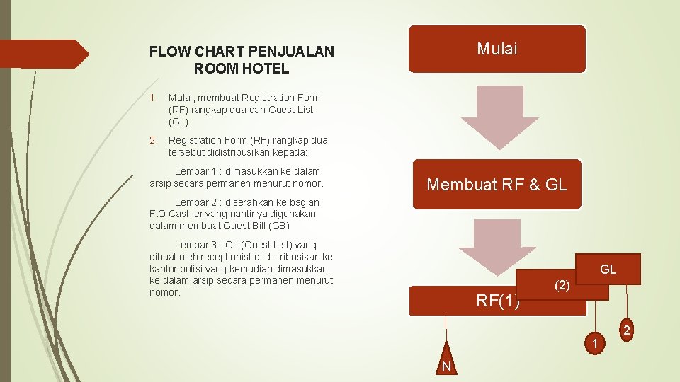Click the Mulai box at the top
pyautogui.click(x=497, y=50)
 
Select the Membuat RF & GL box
pyautogui.click(x=497, y=185)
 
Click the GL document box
pyautogui.click(x=608, y=269)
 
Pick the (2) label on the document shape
pyautogui.click(x=562, y=285)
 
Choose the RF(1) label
pyautogui.click(x=498, y=301)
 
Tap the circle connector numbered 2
pyautogui.click(x=627, y=331)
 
